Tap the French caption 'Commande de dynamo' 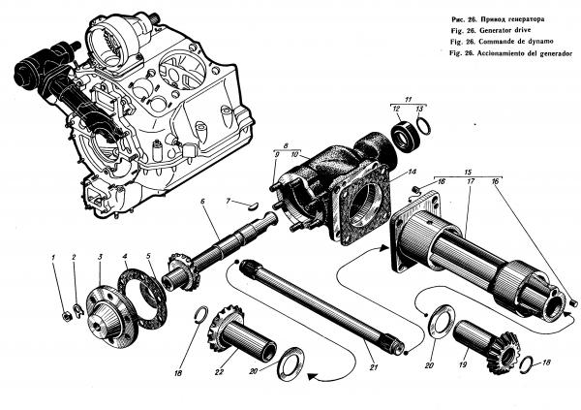point(518,41)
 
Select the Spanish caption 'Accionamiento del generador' point(525,53)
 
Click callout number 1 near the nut point(53,257)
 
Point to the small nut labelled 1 point(67,316)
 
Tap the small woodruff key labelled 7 point(254,205)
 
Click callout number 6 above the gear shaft point(202,201)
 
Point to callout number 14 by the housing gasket point(413,172)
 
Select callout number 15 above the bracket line point(468,172)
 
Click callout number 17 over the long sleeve point(472,181)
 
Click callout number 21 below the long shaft point(374,367)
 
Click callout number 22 point(220,372)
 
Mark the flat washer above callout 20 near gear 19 point(442,322)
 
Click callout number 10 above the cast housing point(294,154)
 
